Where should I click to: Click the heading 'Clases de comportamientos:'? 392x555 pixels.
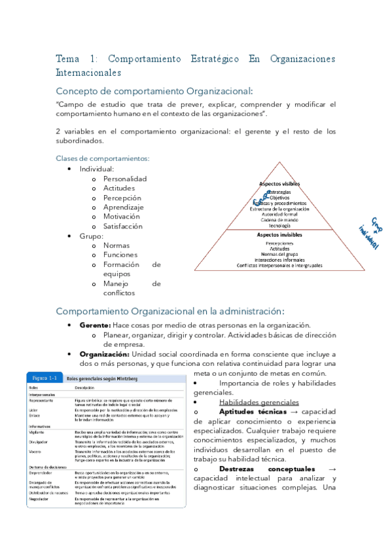(x=103, y=158)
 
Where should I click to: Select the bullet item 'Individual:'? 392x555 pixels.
(x=97, y=169)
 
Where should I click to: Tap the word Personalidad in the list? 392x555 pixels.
(x=125, y=179)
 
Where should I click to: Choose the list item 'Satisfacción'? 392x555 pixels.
(x=122, y=226)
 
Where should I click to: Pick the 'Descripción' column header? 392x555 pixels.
(x=88, y=387)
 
